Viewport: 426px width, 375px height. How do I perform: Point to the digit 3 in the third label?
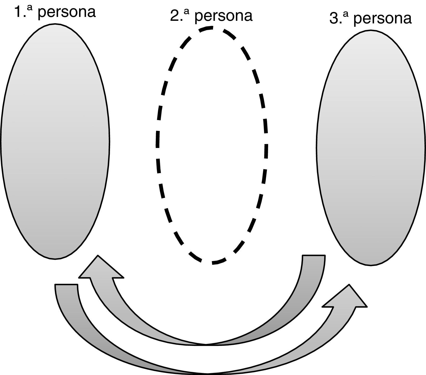333,19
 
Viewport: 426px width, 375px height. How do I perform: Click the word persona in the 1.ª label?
67,12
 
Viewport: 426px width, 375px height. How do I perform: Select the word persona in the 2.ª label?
223,16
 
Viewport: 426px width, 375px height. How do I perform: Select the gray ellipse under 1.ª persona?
55,142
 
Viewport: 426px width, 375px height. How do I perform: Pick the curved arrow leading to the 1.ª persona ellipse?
273,330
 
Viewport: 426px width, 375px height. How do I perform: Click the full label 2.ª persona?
211,16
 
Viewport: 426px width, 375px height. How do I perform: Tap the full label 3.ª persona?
370,19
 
